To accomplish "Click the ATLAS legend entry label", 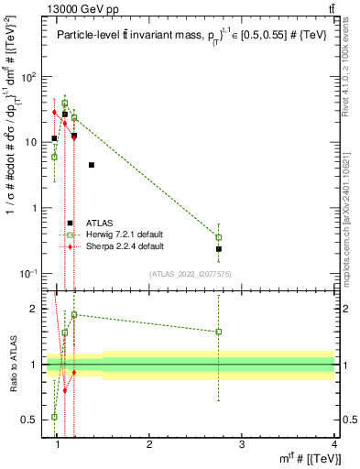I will (100, 223).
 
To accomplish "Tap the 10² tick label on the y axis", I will (28, 76).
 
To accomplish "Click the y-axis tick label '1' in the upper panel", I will (33, 208).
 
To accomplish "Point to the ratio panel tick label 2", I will (33, 309).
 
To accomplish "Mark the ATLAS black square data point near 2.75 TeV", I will (219, 249).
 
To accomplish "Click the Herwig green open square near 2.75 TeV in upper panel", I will (219, 237).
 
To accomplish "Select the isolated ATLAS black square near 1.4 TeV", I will (92, 165).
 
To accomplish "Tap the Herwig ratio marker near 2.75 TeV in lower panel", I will (219, 332).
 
